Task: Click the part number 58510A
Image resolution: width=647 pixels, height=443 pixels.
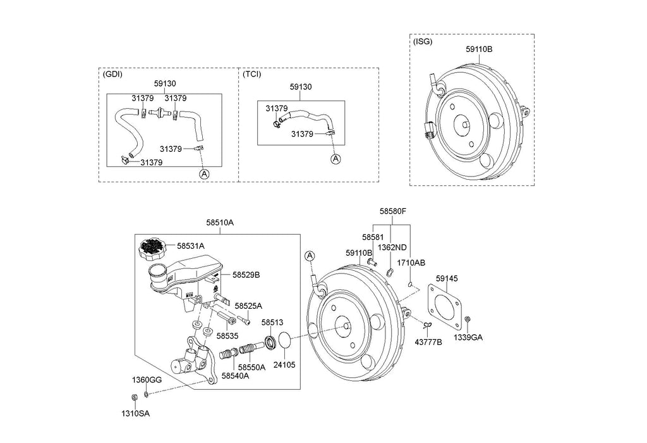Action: point(220,222)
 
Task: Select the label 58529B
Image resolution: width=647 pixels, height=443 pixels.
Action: point(246,275)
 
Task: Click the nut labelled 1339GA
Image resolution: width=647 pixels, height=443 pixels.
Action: point(467,320)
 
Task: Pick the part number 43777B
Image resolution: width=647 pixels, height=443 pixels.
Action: point(428,342)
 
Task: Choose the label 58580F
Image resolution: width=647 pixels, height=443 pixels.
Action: point(392,213)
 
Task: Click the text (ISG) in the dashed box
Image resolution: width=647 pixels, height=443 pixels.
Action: point(423,42)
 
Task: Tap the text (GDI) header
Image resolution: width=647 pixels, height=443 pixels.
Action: point(112,74)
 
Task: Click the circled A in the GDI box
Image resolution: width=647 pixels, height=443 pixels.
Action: point(203,173)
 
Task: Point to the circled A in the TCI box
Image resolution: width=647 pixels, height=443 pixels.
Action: point(336,159)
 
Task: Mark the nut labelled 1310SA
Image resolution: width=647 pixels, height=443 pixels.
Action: point(134,397)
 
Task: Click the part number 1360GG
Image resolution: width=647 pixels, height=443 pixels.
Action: point(147,380)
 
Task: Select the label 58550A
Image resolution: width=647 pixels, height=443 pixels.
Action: point(253,366)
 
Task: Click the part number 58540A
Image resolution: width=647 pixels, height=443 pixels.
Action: point(235,375)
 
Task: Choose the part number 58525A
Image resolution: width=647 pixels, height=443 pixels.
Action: point(248,306)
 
